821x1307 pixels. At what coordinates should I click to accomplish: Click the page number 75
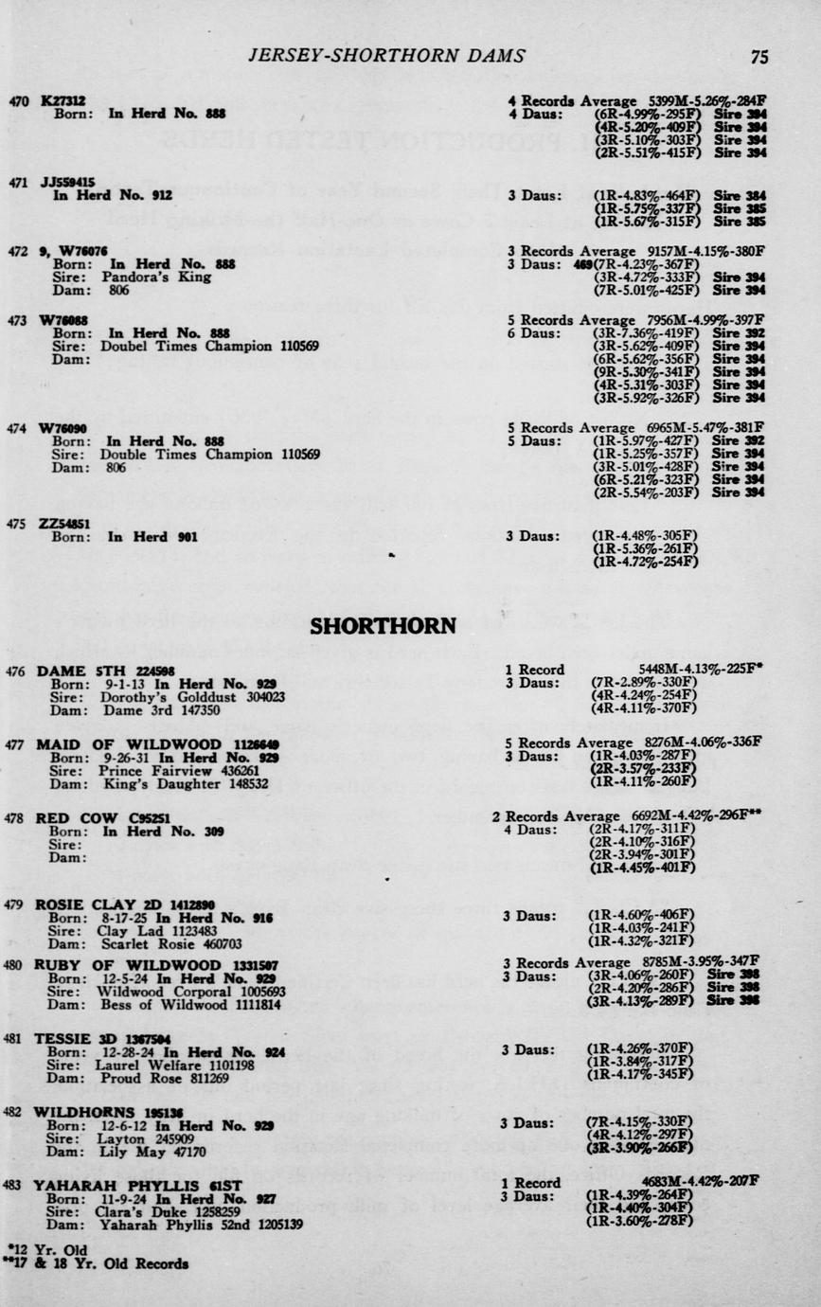pyautogui.click(x=759, y=57)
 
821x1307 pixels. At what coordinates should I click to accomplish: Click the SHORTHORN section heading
pyautogui.click(x=384, y=626)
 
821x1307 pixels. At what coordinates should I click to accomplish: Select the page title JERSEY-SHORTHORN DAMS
pyautogui.click(x=386, y=56)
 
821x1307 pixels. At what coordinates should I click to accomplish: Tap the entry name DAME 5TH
pyautogui.click(x=74, y=671)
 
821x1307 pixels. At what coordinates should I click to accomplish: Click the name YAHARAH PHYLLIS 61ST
pyautogui.click(x=128, y=1186)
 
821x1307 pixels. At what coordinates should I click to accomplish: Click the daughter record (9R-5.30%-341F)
pyautogui.click(x=644, y=373)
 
